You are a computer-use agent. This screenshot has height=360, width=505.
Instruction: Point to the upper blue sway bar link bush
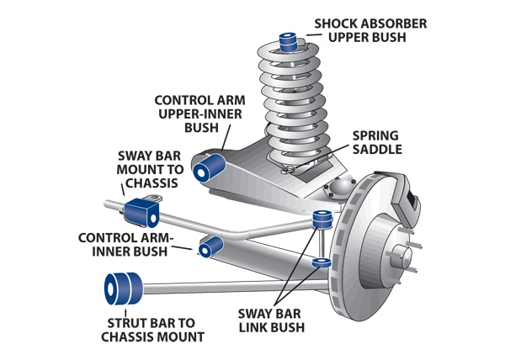[321, 221]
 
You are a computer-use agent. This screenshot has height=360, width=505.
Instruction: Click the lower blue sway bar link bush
[321, 263]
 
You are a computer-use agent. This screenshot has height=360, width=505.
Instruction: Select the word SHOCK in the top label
[334, 22]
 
